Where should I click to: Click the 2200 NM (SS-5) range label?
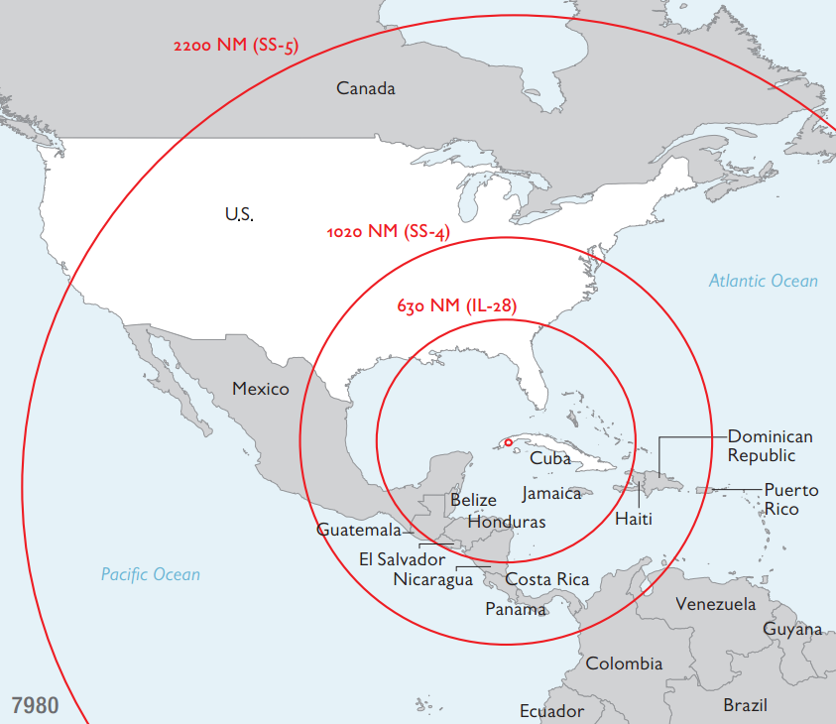point(236,46)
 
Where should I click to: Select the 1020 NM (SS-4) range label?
point(388,232)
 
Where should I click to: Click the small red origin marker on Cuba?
point(508,442)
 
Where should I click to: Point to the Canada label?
point(366,88)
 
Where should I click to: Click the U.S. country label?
point(239,213)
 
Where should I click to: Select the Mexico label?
point(261,388)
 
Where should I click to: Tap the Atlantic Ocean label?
point(764,281)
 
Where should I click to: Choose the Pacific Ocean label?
point(151,574)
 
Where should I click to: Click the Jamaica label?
point(551,493)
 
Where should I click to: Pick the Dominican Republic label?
point(770,445)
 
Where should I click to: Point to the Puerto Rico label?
point(790,499)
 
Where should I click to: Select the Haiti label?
point(634,519)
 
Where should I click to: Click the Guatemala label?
point(359,530)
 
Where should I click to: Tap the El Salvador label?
point(403,559)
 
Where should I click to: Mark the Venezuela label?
point(715,604)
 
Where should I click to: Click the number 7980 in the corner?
point(35,706)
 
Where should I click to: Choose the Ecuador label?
point(551,711)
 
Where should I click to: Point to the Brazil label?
point(745,705)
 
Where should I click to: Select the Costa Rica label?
point(547,579)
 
